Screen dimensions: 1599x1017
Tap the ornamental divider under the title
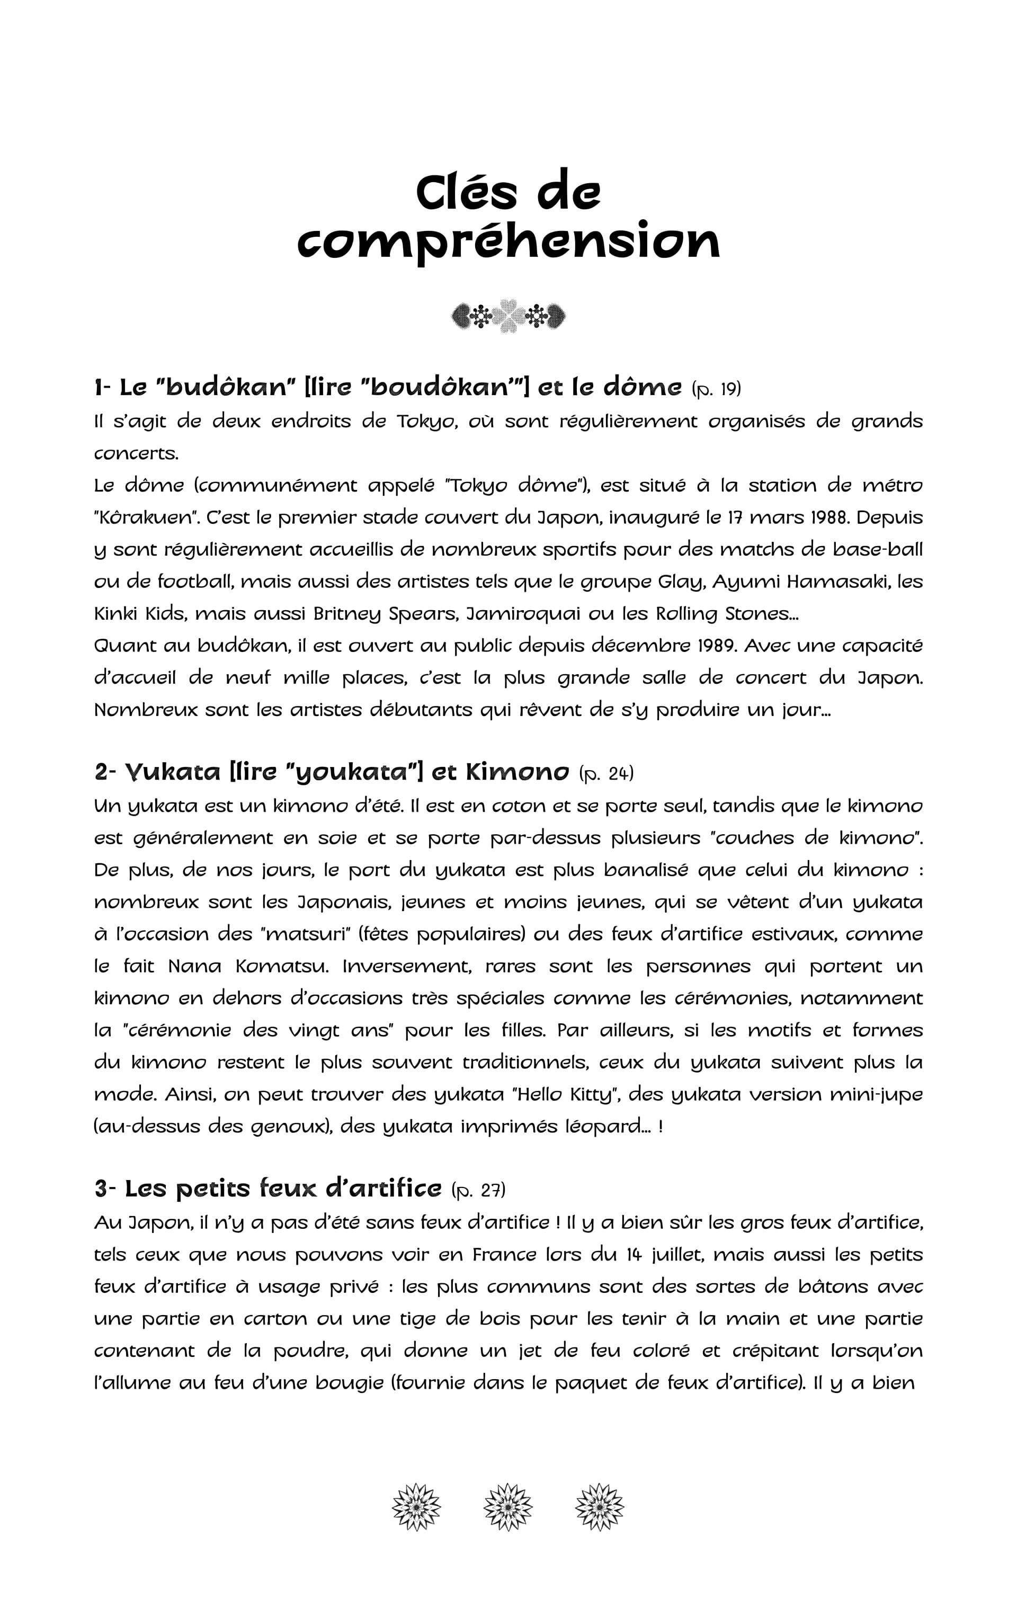(508, 316)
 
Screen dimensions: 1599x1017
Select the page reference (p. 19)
(716, 388)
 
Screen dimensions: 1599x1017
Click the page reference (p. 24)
(606, 773)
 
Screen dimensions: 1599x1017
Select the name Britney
(345, 613)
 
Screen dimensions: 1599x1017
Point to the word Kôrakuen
(139, 517)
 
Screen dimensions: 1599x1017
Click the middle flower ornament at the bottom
(508, 1507)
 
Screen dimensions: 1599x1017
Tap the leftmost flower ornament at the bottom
(416, 1507)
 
